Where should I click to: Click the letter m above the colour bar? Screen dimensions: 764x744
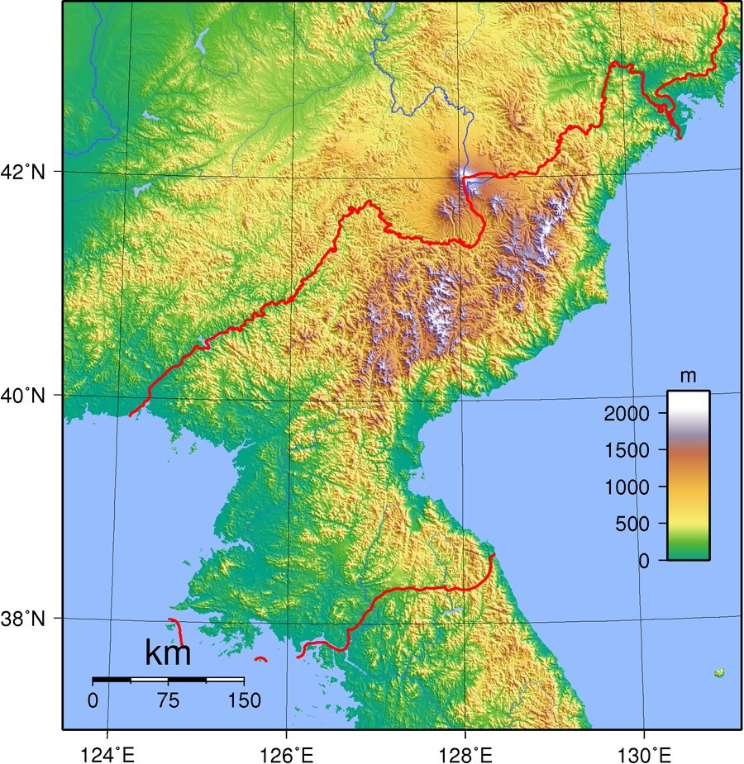point(688,377)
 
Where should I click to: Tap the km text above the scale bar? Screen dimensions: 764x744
point(168,653)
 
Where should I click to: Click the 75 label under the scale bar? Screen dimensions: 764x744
point(168,700)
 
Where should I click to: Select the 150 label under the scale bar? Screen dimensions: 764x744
point(244,700)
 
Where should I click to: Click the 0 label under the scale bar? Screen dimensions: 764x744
point(93,700)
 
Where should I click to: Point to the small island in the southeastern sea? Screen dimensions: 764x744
point(719,673)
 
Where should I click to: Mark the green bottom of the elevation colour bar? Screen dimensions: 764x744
point(688,552)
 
